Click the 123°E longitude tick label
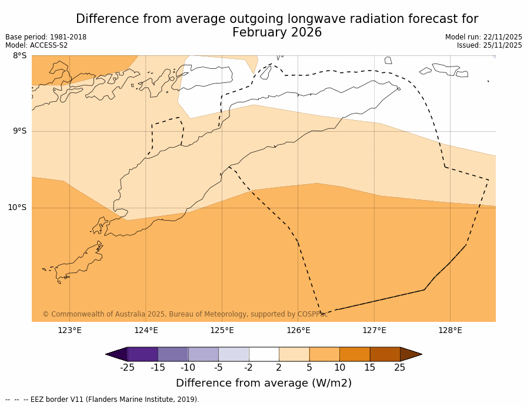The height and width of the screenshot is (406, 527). pyautogui.click(x=69, y=330)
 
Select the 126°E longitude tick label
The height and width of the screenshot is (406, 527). pyautogui.click(x=298, y=330)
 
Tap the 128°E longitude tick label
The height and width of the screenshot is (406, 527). pyautogui.click(x=450, y=330)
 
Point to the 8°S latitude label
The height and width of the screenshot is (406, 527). pyautogui.click(x=19, y=56)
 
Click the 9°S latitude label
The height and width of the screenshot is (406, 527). pyautogui.click(x=19, y=131)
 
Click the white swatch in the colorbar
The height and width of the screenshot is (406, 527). pyautogui.click(x=263, y=354)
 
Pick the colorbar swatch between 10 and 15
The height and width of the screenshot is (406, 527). pyautogui.click(x=355, y=354)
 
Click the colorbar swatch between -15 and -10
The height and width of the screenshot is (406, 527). pyautogui.click(x=173, y=354)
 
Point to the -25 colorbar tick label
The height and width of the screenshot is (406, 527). pyautogui.click(x=127, y=368)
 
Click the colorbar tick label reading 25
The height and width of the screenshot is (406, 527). pyautogui.click(x=400, y=368)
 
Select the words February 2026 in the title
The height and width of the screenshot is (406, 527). pyautogui.click(x=277, y=33)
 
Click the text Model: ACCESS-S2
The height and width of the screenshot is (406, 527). pyautogui.click(x=36, y=45)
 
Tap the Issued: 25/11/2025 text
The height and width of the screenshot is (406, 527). pyautogui.click(x=489, y=45)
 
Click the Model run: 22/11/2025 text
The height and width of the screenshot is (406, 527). pyautogui.click(x=483, y=37)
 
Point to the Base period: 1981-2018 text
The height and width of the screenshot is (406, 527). pyautogui.click(x=46, y=37)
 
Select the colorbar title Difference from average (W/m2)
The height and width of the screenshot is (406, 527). pyautogui.click(x=263, y=383)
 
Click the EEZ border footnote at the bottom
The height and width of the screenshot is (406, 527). pyautogui.click(x=102, y=400)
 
